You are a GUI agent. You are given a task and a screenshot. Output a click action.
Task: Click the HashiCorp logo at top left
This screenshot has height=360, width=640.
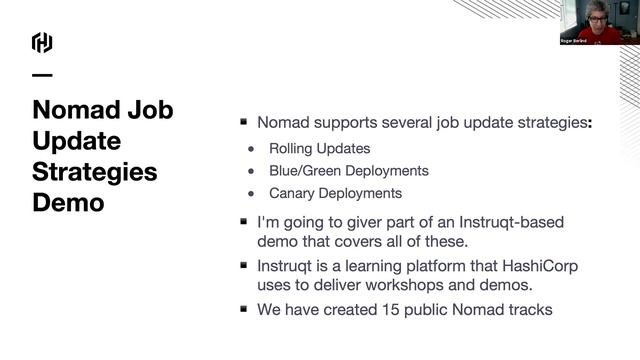[42, 42]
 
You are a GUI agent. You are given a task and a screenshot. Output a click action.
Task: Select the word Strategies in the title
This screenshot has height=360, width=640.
[95, 171]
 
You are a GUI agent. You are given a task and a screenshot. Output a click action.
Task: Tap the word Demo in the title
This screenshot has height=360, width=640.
[68, 202]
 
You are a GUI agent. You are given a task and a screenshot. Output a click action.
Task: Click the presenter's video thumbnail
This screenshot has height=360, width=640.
[599, 22]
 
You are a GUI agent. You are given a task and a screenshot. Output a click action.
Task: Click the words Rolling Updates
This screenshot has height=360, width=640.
[319, 149]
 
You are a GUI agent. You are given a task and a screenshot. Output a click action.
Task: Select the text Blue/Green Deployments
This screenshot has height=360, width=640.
[348, 171]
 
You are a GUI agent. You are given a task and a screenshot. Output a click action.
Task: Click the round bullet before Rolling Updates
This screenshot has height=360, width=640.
[252, 149]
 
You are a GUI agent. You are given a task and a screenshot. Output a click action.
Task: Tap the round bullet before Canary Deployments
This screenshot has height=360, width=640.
[252, 193]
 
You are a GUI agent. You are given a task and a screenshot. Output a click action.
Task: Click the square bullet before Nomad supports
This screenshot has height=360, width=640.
[243, 123]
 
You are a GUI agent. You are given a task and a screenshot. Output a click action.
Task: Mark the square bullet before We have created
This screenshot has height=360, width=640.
[243, 309]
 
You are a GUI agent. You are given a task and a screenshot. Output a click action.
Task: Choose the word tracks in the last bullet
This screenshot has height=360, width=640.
[529, 310]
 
